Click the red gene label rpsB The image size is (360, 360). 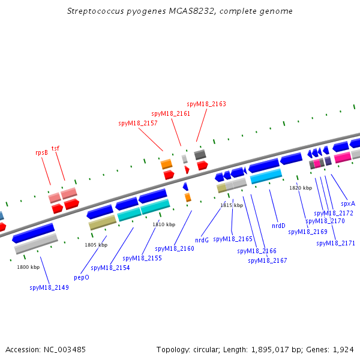(x=41, y=152)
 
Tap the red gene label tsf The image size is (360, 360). (x=55, y=148)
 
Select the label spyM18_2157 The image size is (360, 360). (x=138, y=123)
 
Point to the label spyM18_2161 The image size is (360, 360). (x=171, y=113)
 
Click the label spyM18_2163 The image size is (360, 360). (x=206, y=104)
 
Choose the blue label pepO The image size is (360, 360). (x=81, y=278)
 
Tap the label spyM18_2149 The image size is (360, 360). (x=49, y=287)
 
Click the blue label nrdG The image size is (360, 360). (x=202, y=240)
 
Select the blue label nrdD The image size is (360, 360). (x=278, y=226)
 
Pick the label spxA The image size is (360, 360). (x=348, y=203)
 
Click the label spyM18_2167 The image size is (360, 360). (x=268, y=260)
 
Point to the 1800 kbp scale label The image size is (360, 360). (x=28, y=267)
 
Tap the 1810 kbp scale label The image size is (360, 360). (x=164, y=224)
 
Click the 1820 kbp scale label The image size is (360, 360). (x=301, y=188)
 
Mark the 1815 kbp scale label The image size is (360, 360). (x=232, y=205)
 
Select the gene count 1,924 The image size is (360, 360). (x=343, y=349)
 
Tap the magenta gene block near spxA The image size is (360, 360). (x=343, y=157)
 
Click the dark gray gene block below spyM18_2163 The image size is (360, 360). (x=200, y=154)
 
